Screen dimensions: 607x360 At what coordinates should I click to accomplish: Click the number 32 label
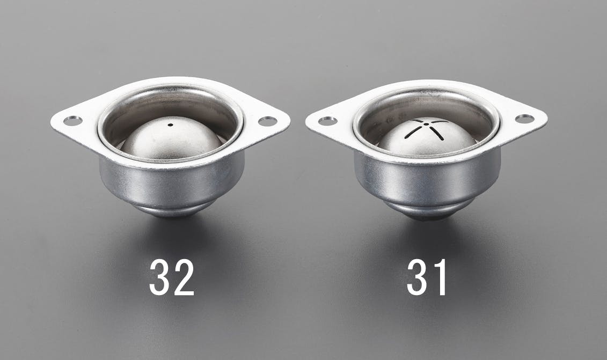click(x=172, y=277)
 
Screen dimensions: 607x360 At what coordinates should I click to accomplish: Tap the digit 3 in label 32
click(x=159, y=277)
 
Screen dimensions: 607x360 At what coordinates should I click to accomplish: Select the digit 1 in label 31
click(x=440, y=277)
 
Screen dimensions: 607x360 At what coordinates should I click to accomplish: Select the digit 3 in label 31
click(x=417, y=277)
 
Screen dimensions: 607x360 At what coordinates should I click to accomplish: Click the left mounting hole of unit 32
click(x=73, y=121)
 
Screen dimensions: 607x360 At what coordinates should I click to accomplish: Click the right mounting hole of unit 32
click(x=267, y=122)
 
